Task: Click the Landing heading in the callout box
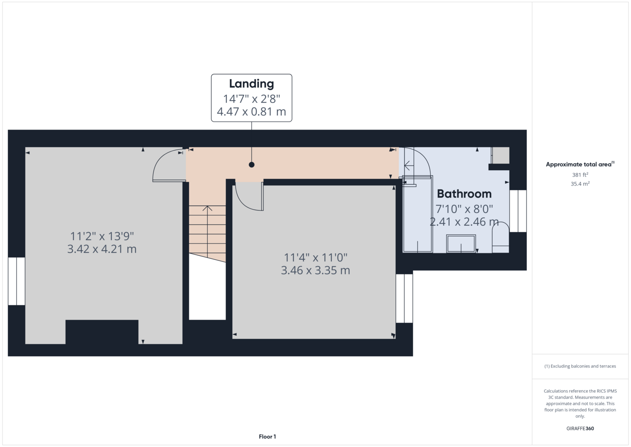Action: tap(251, 84)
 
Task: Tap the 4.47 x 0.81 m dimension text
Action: tap(251, 112)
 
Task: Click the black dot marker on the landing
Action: tap(251, 164)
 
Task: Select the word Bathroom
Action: tap(464, 194)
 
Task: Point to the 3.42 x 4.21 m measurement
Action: tap(102, 249)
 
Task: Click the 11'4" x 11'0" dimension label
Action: tap(315, 257)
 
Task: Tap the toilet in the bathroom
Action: tap(501, 237)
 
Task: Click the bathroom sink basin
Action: tap(461, 243)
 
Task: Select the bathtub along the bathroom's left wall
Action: tap(418, 214)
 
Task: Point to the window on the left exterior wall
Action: tap(17, 281)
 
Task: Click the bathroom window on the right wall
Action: tap(518, 211)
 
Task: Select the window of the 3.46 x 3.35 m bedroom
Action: tap(404, 299)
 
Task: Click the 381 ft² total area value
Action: tap(580, 175)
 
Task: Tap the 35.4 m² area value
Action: tap(580, 184)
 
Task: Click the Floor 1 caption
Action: tap(267, 437)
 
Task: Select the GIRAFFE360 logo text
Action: tap(580, 428)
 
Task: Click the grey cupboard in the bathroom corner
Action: tap(501, 155)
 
